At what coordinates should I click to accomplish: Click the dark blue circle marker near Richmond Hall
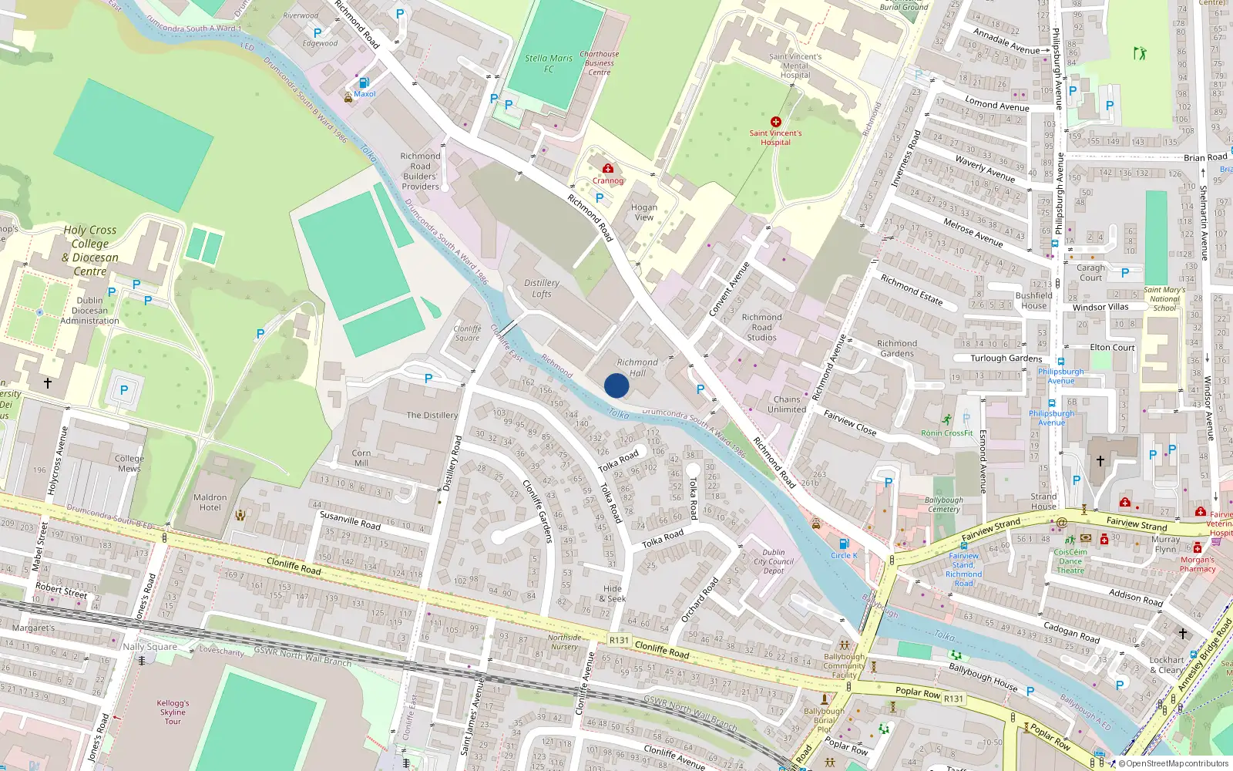(616, 385)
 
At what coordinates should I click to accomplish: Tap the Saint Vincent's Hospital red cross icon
(776, 122)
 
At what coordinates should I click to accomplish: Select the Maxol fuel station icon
(364, 82)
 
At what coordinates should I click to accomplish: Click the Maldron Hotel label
(210, 503)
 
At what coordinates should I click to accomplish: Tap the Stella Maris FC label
(549, 63)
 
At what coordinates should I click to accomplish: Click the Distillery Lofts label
(542, 288)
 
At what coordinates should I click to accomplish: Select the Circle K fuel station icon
(844, 544)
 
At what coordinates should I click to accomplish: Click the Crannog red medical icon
(608, 168)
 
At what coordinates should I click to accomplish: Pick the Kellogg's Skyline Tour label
(173, 712)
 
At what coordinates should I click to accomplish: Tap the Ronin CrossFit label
(947, 433)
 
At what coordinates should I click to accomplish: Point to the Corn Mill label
(361, 458)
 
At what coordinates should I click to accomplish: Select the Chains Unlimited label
(787, 405)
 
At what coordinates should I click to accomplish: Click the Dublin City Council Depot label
(774, 561)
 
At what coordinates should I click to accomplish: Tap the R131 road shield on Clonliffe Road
(619, 640)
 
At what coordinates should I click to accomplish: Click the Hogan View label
(644, 212)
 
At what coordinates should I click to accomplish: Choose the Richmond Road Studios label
(761, 327)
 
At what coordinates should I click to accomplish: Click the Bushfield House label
(1034, 300)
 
